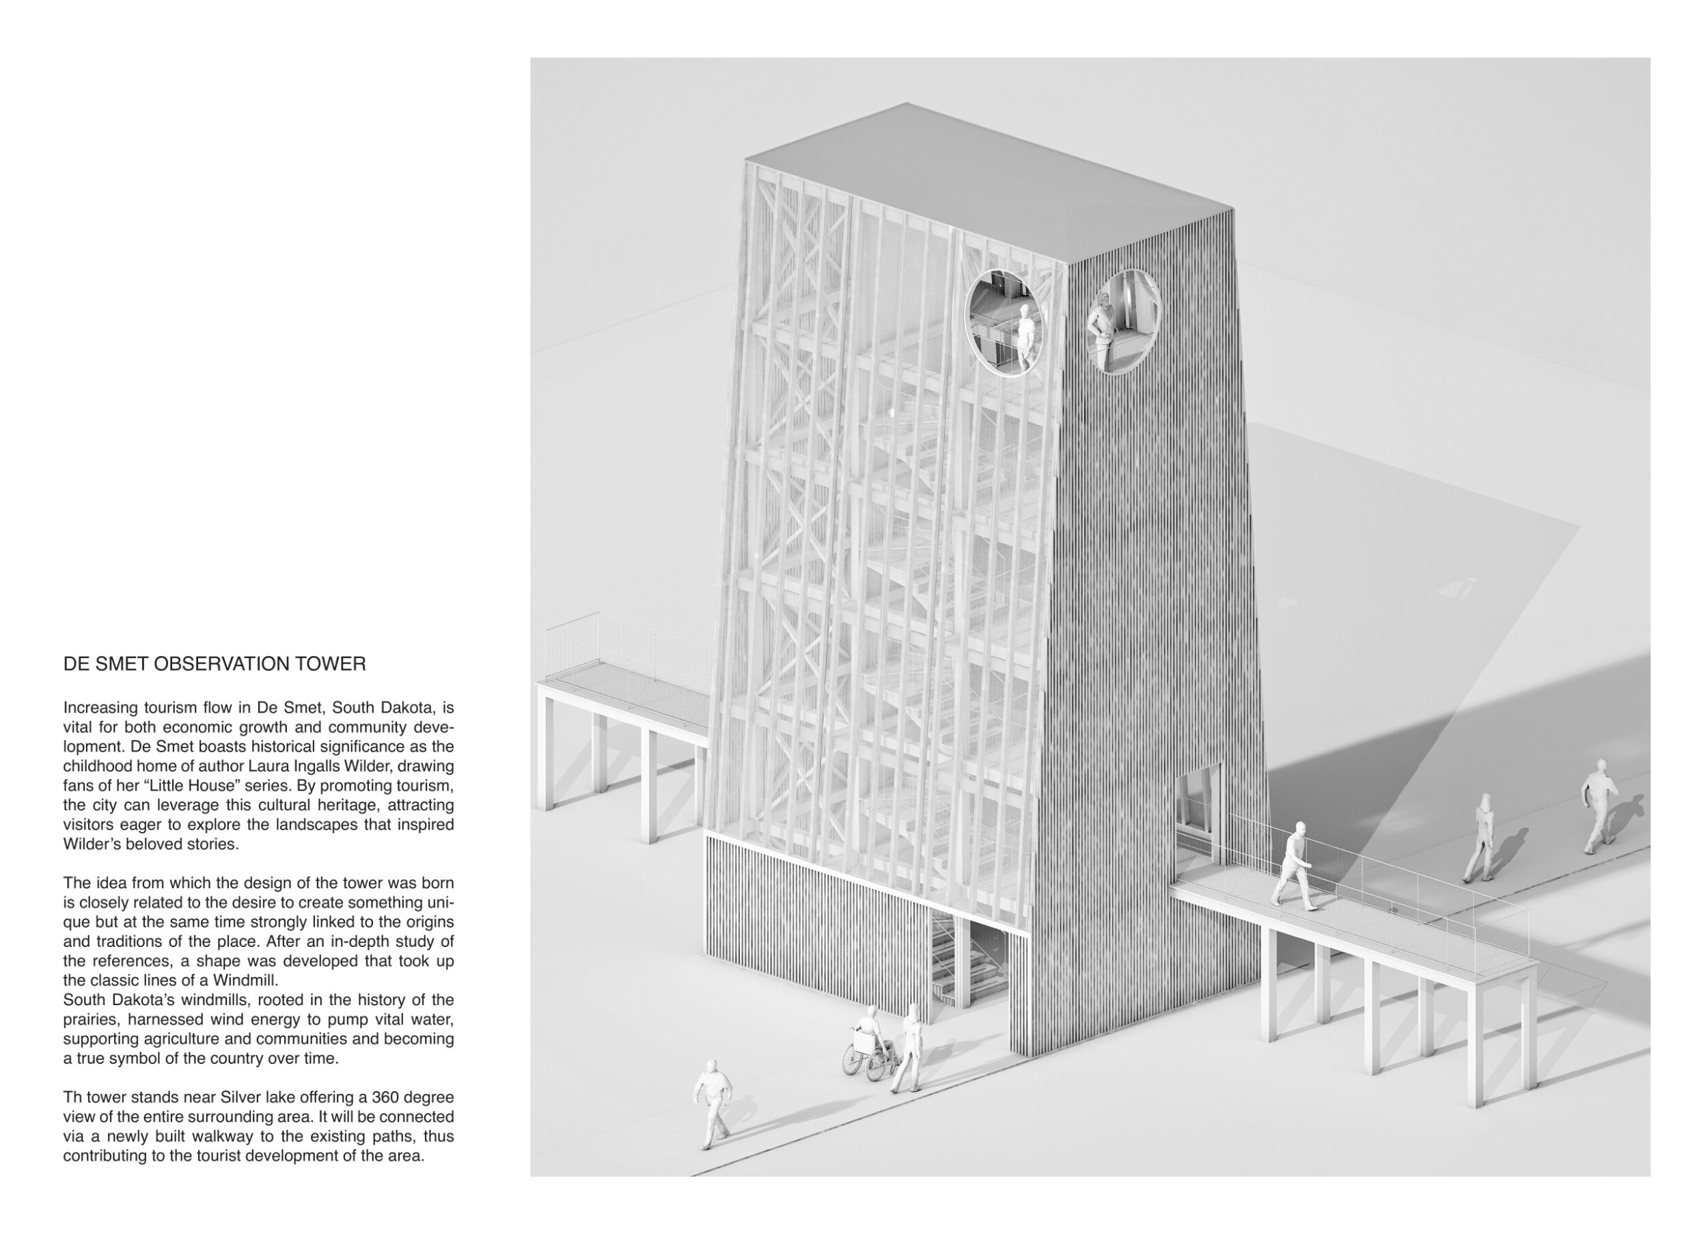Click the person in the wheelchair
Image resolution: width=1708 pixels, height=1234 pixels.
point(867,1029)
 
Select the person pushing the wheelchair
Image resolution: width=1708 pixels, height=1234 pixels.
point(909,1047)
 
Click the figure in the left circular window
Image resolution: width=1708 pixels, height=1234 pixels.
point(1025,335)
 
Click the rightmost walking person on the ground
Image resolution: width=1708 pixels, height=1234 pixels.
point(1598,806)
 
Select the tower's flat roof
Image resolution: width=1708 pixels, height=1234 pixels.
point(987,181)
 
